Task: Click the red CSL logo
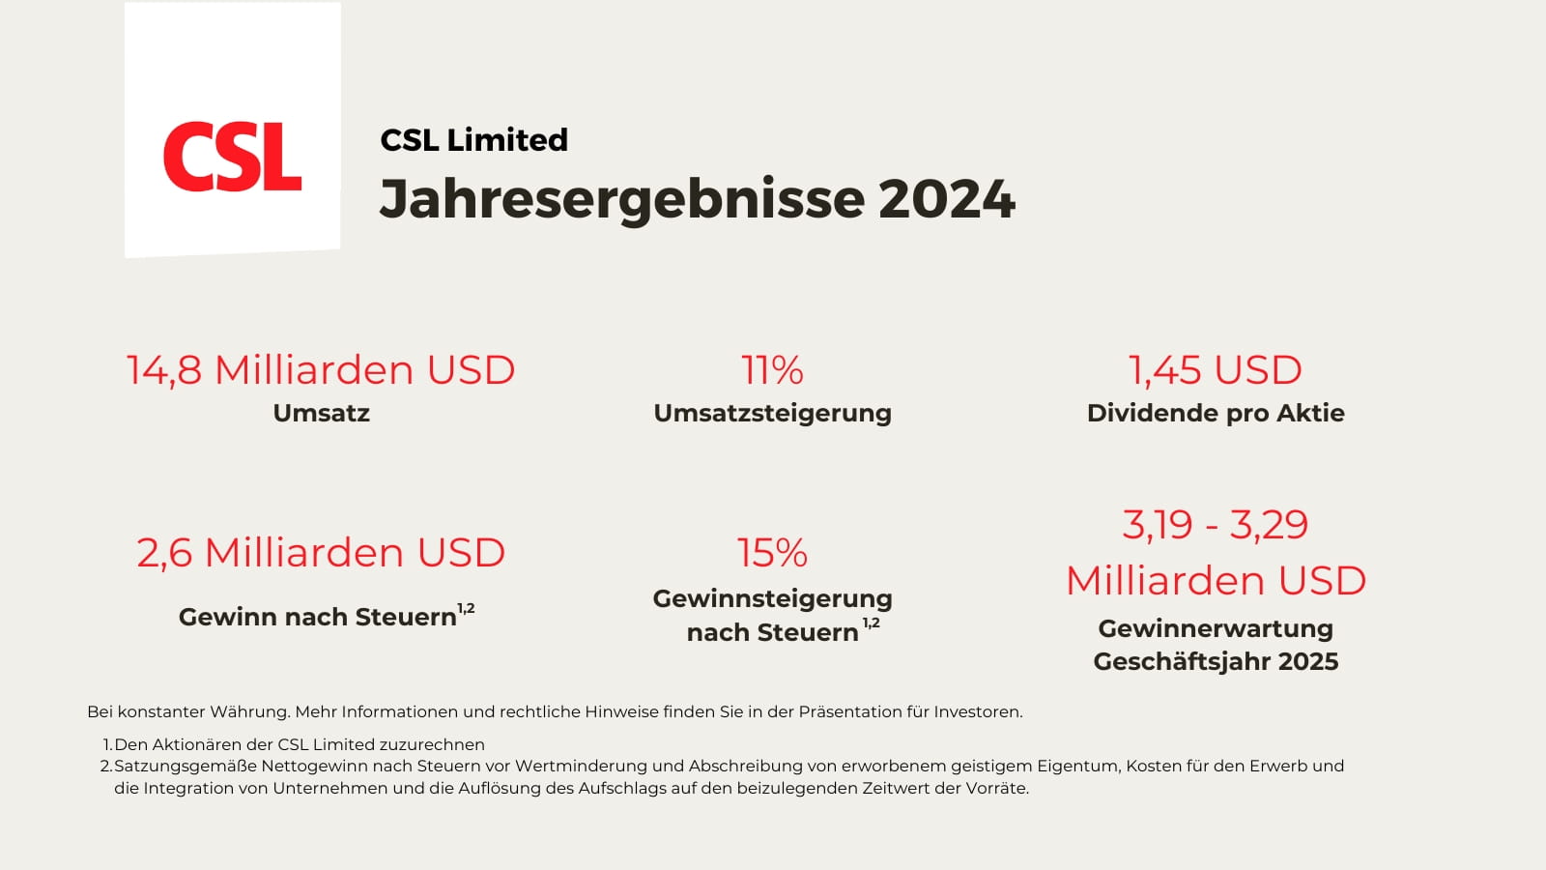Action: (232, 157)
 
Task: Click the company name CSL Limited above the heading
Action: (473, 140)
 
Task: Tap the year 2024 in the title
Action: (946, 199)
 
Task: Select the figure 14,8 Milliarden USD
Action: (321, 370)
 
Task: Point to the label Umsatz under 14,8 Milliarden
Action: (321, 413)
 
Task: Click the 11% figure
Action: (772, 370)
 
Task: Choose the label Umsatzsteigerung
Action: (772, 413)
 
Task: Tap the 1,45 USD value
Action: (1215, 370)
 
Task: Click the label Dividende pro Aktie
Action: (1215, 413)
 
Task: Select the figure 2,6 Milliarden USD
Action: (321, 553)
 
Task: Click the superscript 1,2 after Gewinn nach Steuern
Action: (466, 609)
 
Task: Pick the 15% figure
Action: (772, 553)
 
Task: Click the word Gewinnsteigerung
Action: (772, 598)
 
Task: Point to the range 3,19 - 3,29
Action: (1215, 525)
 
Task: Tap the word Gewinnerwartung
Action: (1215, 628)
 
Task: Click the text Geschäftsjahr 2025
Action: (1215, 661)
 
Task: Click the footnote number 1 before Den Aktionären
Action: (107, 744)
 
